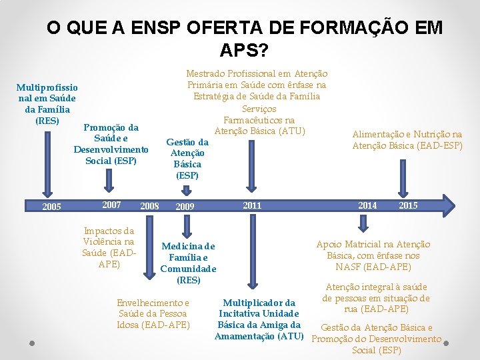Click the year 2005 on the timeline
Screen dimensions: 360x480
point(51,207)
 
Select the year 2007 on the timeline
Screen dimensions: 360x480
point(111,205)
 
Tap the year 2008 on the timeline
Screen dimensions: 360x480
point(149,207)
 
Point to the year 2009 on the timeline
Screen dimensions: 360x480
point(185,207)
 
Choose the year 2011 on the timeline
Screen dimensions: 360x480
point(252,205)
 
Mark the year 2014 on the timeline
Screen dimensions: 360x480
point(367,205)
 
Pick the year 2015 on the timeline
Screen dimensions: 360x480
point(408,205)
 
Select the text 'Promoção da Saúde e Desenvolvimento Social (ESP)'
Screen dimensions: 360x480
point(111,144)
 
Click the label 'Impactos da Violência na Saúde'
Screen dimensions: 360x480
point(108,247)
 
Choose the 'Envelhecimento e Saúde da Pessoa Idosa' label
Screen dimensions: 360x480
point(153,313)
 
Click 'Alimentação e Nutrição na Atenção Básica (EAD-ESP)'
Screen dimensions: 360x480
point(407,140)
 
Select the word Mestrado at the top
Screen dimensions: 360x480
point(207,73)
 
